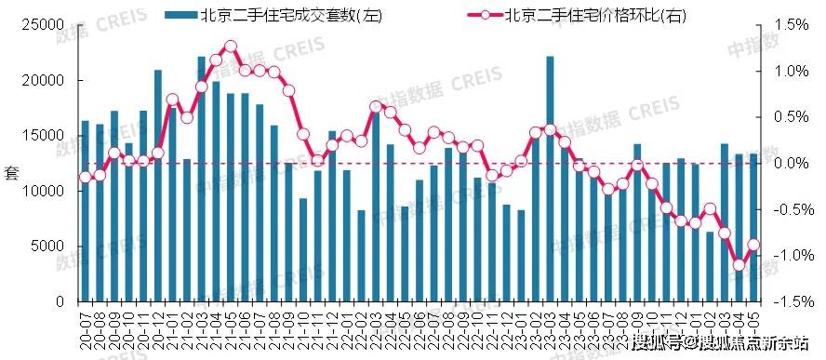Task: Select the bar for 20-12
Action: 158,185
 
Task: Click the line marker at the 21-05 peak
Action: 231,46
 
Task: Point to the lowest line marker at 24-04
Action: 739,265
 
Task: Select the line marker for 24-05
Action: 753,245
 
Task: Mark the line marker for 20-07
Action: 86,177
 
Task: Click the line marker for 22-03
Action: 376,106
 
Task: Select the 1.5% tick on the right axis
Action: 791,25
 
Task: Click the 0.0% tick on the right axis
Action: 791,164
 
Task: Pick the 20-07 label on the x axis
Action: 86,326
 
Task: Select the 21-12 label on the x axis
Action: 332,326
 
